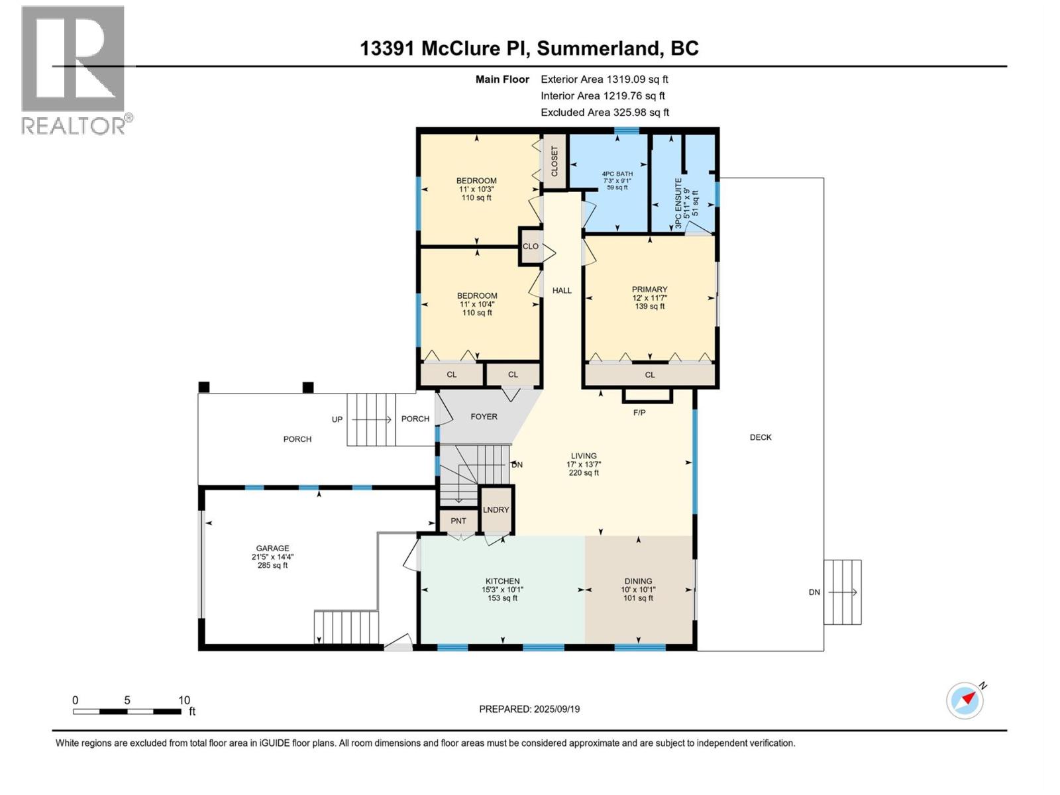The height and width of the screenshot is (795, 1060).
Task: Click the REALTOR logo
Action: [x=74, y=70]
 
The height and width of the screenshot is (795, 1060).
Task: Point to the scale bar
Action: [x=127, y=712]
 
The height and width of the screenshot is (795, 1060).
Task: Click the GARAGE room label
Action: [x=272, y=549]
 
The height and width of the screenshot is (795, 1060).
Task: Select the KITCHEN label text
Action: [x=502, y=581]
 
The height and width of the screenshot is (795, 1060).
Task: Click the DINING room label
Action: [x=638, y=581]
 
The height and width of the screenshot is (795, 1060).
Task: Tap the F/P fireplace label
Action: [x=639, y=413]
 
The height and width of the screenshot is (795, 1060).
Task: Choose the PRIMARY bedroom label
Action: [x=649, y=290]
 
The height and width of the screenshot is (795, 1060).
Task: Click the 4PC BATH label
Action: [x=617, y=174]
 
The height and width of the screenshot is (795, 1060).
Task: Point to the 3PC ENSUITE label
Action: [x=678, y=203]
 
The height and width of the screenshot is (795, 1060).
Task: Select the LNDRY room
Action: [x=496, y=509]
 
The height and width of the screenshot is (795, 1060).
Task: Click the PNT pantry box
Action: [x=458, y=521]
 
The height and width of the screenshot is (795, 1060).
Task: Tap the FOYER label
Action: [x=484, y=417]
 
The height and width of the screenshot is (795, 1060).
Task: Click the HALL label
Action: [x=562, y=290]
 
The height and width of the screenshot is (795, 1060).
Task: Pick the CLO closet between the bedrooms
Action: [x=531, y=246]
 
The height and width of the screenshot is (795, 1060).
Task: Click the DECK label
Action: [x=761, y=437]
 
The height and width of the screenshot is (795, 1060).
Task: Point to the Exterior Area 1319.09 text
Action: [x=604, y=79]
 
